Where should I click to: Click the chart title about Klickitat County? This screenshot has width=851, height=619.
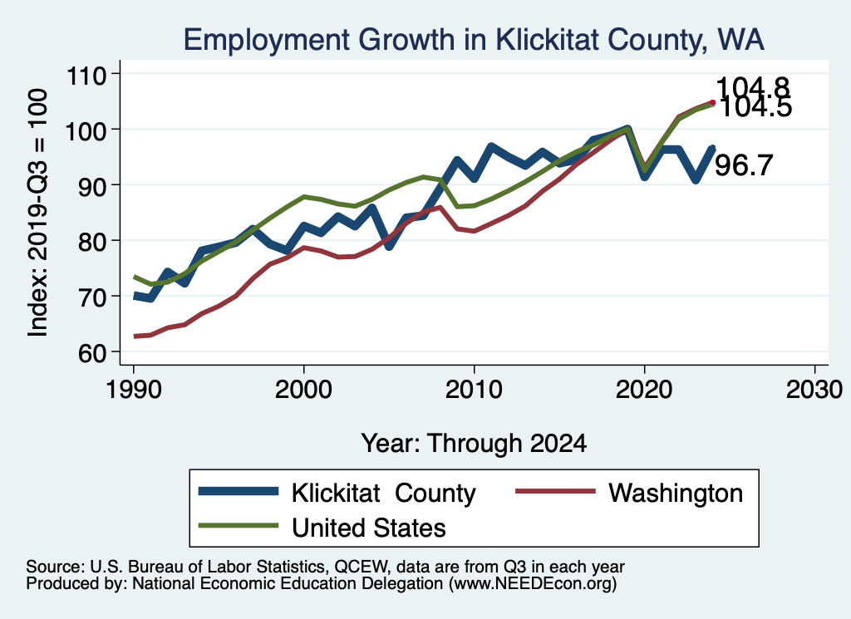click(474, 40)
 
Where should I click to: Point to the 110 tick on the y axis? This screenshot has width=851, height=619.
click(86, 74)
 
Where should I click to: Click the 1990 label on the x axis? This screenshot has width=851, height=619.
click(134, 390)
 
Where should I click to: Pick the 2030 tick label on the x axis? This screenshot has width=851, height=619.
click(814, 390)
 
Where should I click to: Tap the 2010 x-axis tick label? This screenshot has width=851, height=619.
click(474, 390)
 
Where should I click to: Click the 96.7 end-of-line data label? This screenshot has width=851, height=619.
click(744, 165)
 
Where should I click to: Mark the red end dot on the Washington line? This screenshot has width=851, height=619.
click(712, 102)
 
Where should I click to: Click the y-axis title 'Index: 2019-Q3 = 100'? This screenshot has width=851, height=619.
click(38, 213)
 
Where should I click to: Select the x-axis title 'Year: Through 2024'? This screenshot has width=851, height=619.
click(474, 443)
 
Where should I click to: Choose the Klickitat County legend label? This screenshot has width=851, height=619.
click(384, 494)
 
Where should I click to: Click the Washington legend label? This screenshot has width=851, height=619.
click(676, 494)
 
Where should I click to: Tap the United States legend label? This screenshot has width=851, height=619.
click(369, 528)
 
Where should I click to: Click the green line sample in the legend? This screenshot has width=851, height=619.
click(239, 526)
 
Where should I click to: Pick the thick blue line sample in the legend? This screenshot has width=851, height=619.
click(239, 492)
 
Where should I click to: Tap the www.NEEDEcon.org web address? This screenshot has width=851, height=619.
click(533, 584)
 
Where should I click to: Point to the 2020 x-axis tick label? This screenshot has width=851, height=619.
click(644, 390)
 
